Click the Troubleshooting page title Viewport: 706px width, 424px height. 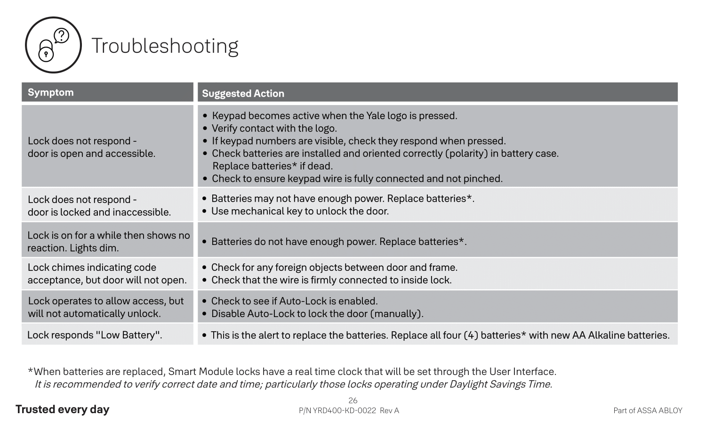(165, 46)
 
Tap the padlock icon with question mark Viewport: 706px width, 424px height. (53, 45)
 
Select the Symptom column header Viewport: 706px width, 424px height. (51, 92)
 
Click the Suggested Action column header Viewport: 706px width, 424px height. (243, 93)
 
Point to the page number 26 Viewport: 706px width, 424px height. (353, 400)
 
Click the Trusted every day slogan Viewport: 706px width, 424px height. (62, 409)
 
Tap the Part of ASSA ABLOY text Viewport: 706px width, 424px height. (648, 411)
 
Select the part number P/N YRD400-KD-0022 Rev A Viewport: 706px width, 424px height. (349, 411)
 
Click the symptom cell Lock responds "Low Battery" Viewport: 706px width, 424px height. (95, 335)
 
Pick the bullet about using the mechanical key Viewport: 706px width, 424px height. (300, 211)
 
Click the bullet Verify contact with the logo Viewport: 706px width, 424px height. (274, 128)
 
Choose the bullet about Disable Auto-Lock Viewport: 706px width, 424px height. (317, 314)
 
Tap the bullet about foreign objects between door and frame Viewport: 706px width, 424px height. (334, 268)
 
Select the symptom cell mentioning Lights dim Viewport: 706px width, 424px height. (108, 242)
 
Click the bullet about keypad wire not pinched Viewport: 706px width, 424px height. (357, 179)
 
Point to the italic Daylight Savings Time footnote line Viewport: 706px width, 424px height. (293, 384)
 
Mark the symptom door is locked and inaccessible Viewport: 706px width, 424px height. (99, 212)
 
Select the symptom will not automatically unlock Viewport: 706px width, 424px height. (94, 314)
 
